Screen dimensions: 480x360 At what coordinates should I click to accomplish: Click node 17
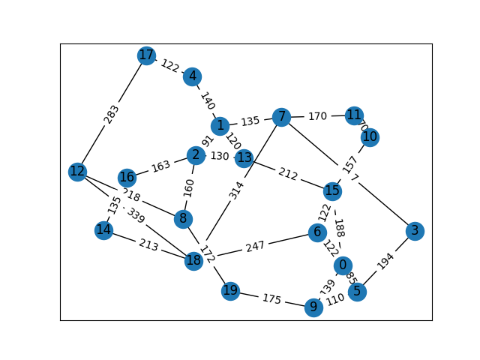(146, 55)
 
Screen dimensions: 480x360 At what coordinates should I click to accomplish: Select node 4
(193, 76)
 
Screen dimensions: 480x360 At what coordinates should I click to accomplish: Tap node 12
(77, 172)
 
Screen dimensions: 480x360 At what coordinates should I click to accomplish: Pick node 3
(415, 230)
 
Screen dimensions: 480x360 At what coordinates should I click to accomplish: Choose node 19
(230, 291)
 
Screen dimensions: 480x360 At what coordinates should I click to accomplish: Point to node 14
(104, 230)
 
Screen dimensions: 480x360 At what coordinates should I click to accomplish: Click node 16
(127, 178)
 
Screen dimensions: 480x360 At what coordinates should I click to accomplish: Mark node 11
(354, 115)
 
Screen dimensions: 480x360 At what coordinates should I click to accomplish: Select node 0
(343, 265)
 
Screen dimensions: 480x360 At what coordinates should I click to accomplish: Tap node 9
(314, 307)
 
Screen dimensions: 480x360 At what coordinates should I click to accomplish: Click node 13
(244, 158)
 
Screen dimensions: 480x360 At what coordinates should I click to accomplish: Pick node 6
(317, 232)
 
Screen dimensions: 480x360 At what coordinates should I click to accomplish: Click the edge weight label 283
(112, 114)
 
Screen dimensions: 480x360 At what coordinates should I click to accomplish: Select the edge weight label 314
(237, 189)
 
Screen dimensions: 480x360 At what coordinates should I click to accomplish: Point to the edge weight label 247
(256, 247)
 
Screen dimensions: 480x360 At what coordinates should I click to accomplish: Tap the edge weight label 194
(385, 261)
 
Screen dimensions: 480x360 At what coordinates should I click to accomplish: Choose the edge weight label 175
(271, 299)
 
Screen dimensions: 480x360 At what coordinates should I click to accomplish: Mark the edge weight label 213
(148, 245)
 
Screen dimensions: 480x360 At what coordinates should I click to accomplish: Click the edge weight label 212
(288, 175)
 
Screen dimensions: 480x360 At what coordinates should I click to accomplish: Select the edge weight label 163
(160, 166)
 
